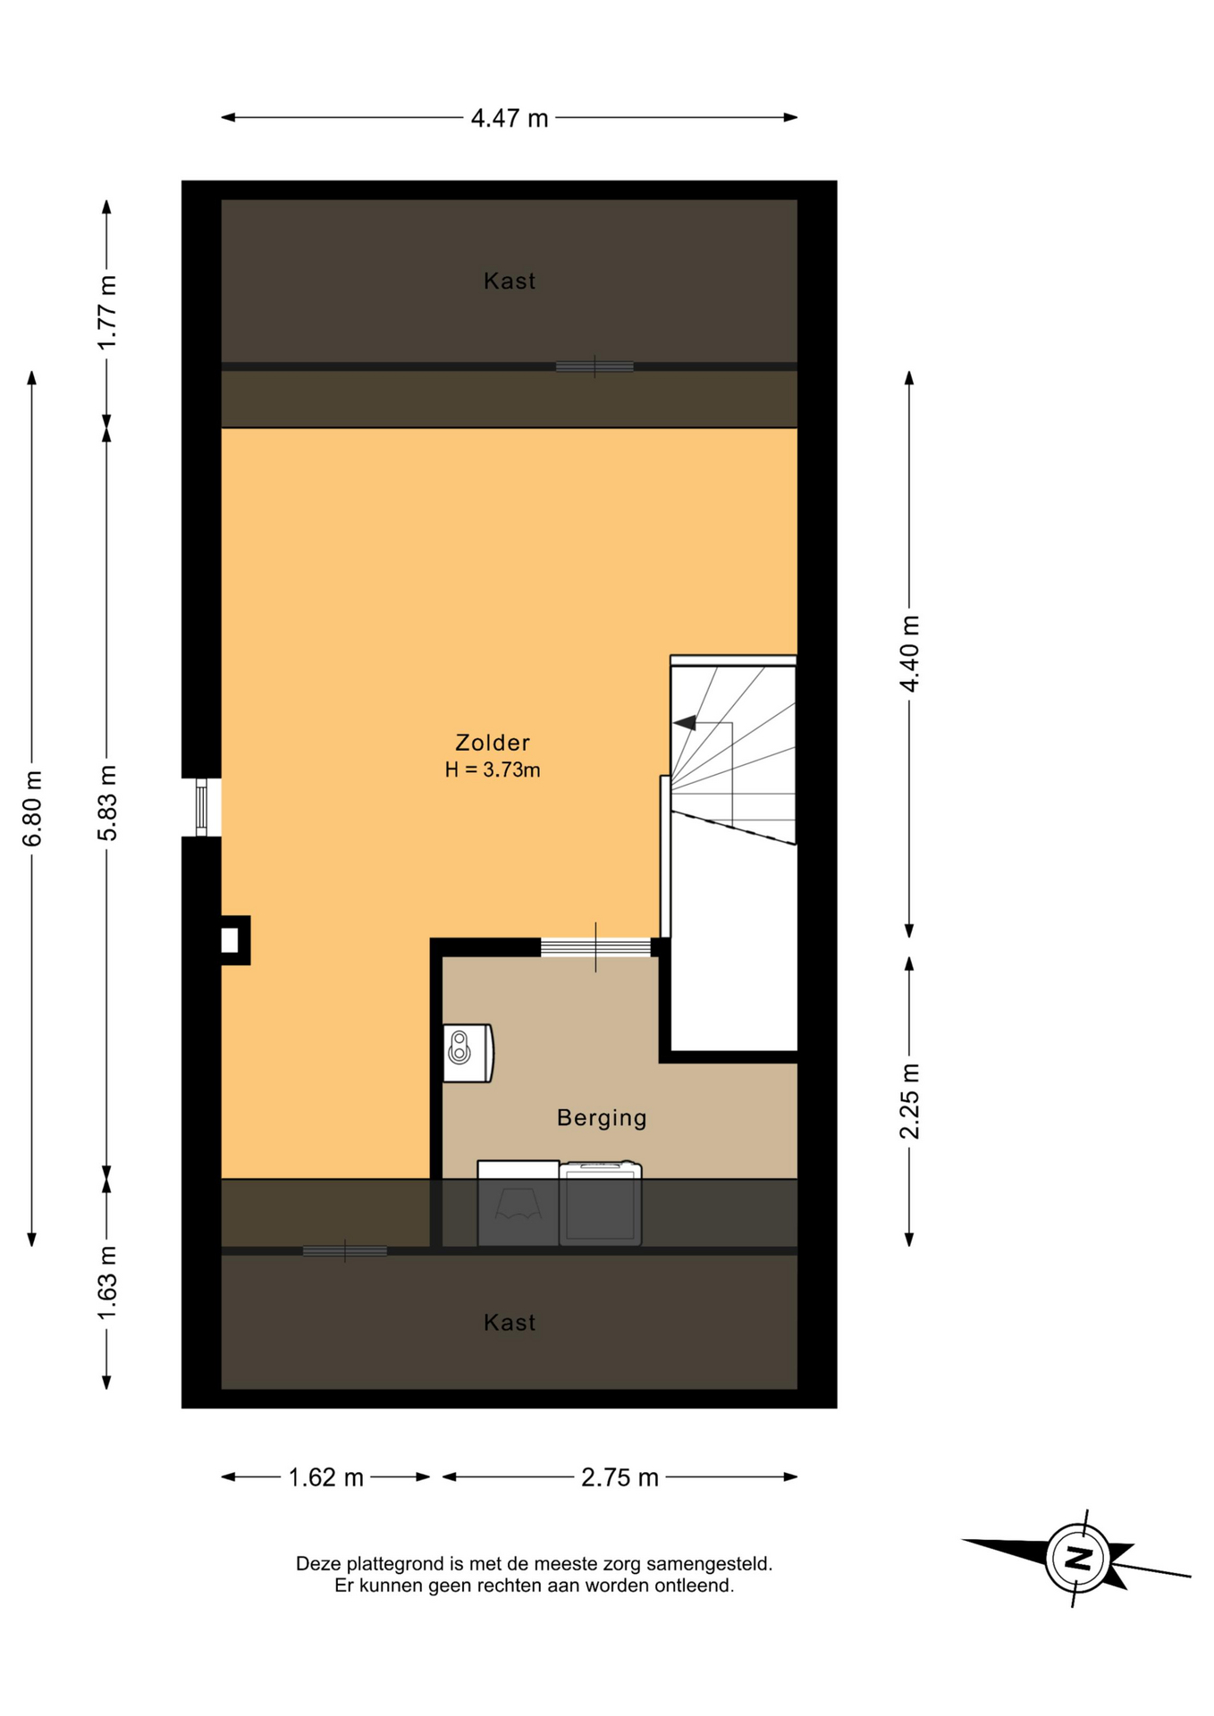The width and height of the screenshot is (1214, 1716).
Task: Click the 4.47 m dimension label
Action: (510, 118)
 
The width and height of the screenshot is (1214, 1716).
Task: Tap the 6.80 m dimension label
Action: (32, 808)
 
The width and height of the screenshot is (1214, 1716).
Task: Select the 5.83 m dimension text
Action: (107, 803)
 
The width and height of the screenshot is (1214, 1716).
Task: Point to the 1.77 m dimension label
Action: (107, 313)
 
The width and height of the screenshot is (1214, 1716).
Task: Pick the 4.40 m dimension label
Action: (909, 653)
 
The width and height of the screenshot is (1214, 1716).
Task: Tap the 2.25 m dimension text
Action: (909, 1101)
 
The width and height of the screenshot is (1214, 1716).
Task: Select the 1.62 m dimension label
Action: (325, 1477)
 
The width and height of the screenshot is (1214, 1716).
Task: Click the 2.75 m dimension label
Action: (620, 1477)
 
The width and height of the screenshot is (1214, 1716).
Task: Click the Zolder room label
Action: (493, 743)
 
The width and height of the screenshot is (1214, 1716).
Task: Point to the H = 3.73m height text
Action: (493, 770)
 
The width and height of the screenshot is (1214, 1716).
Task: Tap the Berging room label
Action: (602, 1118)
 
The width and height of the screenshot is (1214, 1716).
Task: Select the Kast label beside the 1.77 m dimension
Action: (510, 281)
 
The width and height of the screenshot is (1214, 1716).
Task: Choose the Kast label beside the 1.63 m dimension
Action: (510, 1323)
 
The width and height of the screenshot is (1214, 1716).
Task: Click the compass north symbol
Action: (1078, 1559)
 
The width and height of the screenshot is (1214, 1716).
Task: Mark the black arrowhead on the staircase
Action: (685, 723)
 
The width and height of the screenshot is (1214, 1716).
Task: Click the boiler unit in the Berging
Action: (468, 1053)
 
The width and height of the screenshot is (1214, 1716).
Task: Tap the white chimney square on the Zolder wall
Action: (230, 940)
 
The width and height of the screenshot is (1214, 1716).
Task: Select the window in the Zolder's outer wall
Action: (202, 807)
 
